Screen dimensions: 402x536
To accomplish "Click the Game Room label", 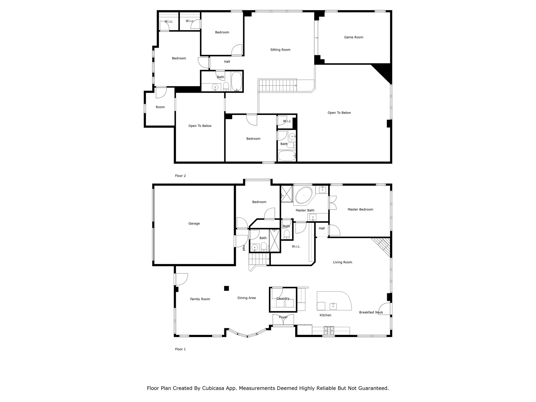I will [x=353, y=37].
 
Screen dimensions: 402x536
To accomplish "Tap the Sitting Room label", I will [x=280, y=50].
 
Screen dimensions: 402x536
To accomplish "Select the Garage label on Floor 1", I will [x=194, y=224].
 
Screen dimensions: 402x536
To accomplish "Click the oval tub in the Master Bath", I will [x=304, y=195].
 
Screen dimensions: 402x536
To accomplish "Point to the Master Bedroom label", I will [x=360, y=209].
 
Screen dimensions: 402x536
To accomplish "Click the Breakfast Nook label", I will [x=371, y=312].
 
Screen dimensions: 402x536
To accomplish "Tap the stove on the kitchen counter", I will [x=329, y=331].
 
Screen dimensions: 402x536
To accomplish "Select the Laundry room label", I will [x=283, y=298].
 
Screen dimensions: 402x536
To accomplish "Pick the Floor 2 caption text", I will [x=180, y=176].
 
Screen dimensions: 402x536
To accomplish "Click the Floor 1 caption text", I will [x=180, y=349].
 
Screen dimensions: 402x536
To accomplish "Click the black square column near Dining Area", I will [x=226, y=288].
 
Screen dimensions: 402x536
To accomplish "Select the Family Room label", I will [x=200, y=299].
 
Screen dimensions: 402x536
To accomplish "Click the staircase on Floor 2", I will [x=277, y=86].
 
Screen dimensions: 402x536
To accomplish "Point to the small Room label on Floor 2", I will [x=160, y=107].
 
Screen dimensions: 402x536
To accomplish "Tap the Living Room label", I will [x=342, y=262].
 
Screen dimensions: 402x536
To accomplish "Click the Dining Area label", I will [x=247, y=298].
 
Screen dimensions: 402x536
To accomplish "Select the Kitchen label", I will [x=325, y=315].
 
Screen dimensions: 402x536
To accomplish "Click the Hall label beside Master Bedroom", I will [x=322, y=228].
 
